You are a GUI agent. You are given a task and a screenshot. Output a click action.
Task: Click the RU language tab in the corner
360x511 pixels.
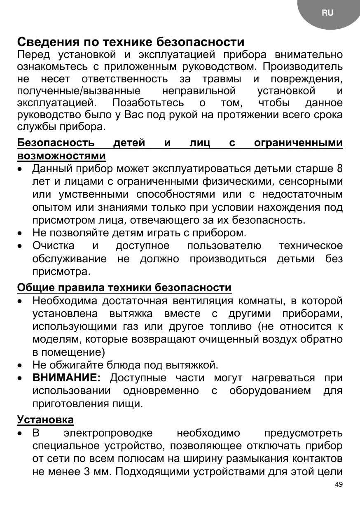click(327, 13)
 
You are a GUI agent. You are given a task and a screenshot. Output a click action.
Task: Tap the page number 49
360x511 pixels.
click(339, 484)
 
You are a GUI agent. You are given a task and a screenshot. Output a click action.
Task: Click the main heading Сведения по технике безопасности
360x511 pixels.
click(131, 42)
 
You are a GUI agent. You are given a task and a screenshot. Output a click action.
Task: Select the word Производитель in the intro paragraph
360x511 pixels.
click(303, 66)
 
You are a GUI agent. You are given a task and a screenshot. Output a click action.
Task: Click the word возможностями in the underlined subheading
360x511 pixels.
click(61, 156)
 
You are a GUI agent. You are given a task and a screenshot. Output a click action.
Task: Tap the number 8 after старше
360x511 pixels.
click(339, 169)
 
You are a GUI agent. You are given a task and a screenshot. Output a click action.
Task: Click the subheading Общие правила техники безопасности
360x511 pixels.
click(124, 287)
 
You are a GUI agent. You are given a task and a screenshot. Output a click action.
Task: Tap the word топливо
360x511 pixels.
click(231, 327)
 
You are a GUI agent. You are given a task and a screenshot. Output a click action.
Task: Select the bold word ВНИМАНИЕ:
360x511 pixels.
click(66, 378)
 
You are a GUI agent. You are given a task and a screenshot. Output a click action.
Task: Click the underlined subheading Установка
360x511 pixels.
click(45, 420)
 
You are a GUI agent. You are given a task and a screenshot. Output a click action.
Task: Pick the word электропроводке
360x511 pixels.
click(108, 433)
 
